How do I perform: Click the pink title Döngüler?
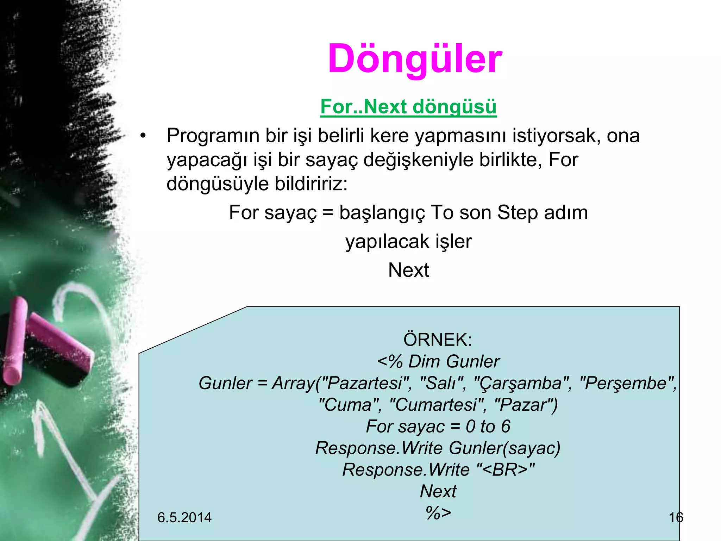(x=415, y=59)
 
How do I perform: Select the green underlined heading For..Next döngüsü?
(x=408, y=106)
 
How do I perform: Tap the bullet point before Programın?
(x=143, y=136)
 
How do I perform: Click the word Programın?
(x=213, y=136)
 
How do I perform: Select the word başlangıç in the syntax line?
(x=382, y=213)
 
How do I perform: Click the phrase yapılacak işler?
(x=408, y=242)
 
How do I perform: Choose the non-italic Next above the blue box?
(x=408, y=270)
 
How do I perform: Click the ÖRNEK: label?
(x=438, y=340)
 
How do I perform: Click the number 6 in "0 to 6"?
(x=506, y=427)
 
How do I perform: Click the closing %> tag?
(x=438, y=513)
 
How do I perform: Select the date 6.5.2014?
(x=184, y=517)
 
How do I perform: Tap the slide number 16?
(x=676, y=517)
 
